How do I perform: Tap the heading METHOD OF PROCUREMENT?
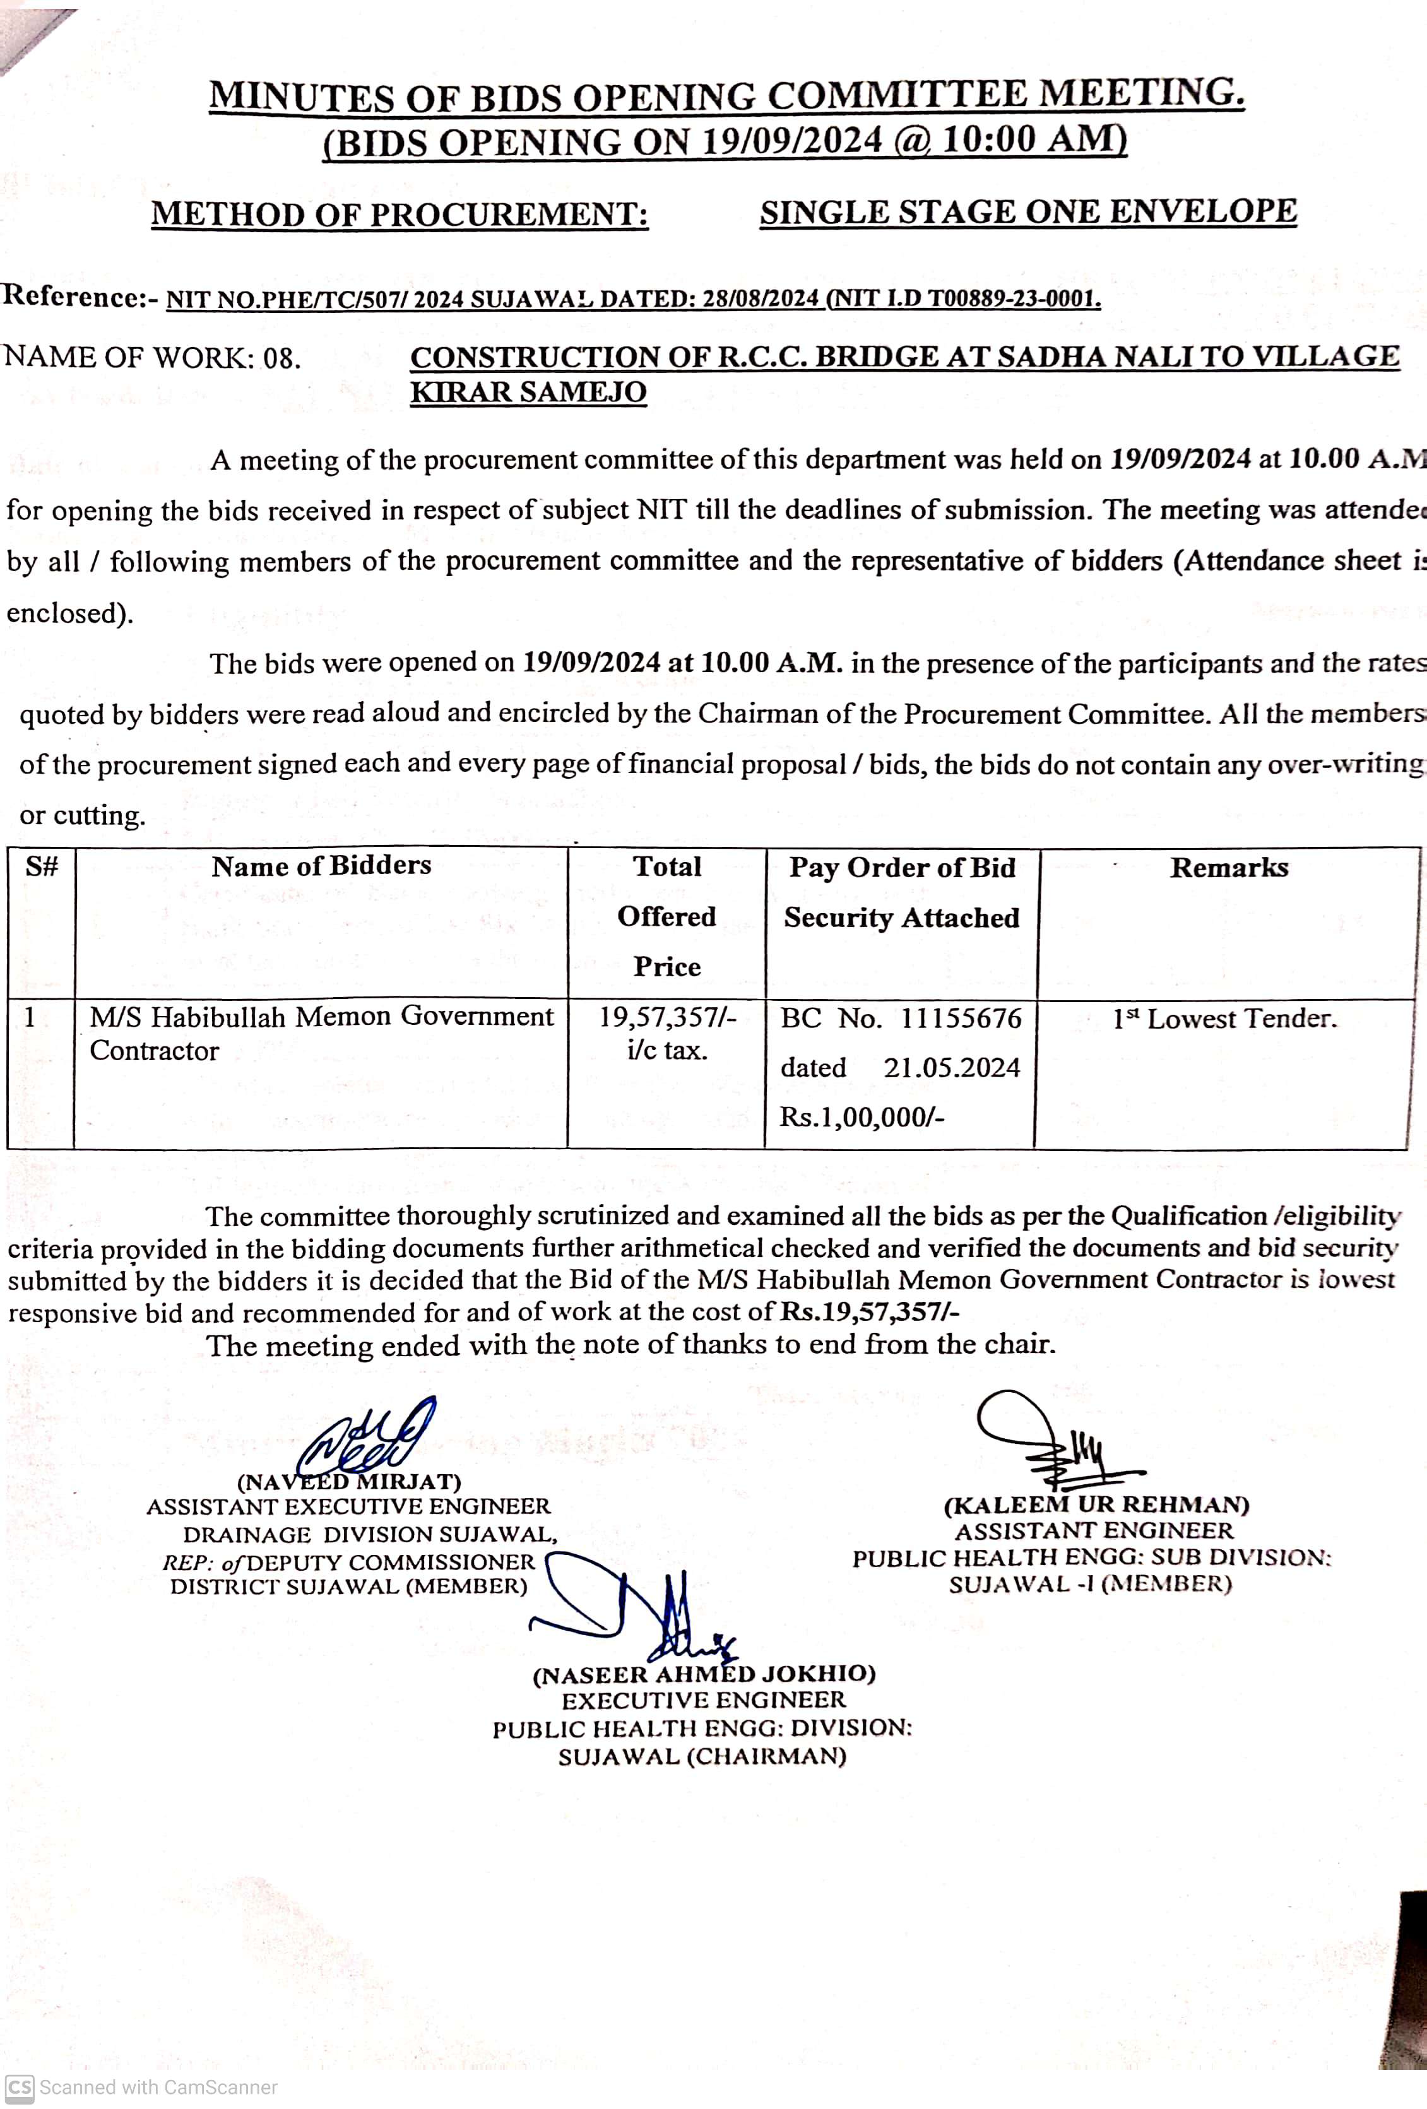point(400,214)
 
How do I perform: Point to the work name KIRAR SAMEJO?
point(528,392)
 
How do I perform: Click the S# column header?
point(42,866)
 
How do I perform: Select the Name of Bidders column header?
point(321,866)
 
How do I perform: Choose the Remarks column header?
point(1228,868)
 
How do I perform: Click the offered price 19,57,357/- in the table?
point(667,1017)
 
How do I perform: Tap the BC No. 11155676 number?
point(961,1018)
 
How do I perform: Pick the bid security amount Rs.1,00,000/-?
point(862,1116)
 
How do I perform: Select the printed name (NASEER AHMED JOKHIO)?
point(704,1674)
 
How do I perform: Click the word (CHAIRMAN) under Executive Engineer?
point(767,1756)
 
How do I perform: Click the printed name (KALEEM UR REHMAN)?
point(1096,1504)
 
